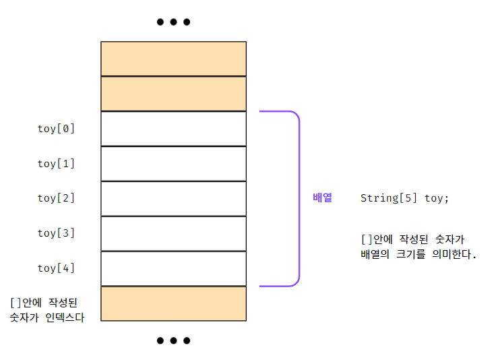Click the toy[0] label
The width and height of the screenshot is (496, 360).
[56, 128]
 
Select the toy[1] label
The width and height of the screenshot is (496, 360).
[56, 163]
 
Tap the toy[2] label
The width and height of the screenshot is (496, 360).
[56, 198]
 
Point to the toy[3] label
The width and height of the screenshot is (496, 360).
[56, 233]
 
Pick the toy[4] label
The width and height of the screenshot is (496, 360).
[56, 268]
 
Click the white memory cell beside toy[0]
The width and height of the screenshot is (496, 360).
[173, 129]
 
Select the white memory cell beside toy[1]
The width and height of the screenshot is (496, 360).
[173, 164]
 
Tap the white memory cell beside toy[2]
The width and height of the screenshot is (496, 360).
[173, 199]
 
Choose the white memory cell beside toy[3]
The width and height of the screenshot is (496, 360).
[173, 234]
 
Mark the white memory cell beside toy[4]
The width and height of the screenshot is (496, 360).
[173, 269]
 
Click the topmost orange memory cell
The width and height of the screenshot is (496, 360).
[173, 59]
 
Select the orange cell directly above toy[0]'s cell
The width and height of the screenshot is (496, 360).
[173, 94]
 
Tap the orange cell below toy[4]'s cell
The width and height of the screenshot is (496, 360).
[173, 304]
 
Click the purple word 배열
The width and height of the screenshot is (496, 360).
[323, 198]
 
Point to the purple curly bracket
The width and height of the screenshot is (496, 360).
[297, 199]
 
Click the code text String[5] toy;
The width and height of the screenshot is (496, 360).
[404, 198]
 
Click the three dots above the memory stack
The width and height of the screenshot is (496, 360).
[173, 22]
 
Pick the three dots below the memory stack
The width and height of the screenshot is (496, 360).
[173, 340]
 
